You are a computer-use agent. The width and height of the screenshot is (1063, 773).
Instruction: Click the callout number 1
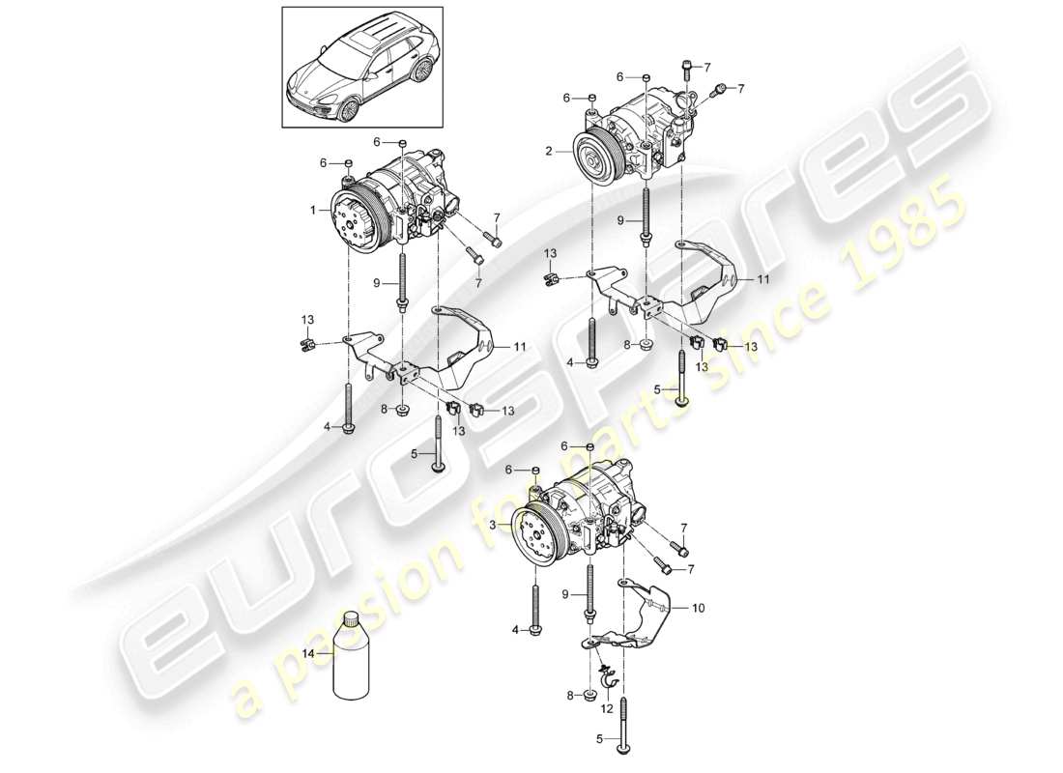312,210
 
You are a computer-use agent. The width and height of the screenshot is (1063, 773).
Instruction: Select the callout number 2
549,152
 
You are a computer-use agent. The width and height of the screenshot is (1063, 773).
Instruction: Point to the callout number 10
699,609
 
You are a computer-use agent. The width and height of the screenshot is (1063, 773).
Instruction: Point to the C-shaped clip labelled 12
609,683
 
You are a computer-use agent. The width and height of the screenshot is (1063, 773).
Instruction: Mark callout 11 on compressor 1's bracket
520,345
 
